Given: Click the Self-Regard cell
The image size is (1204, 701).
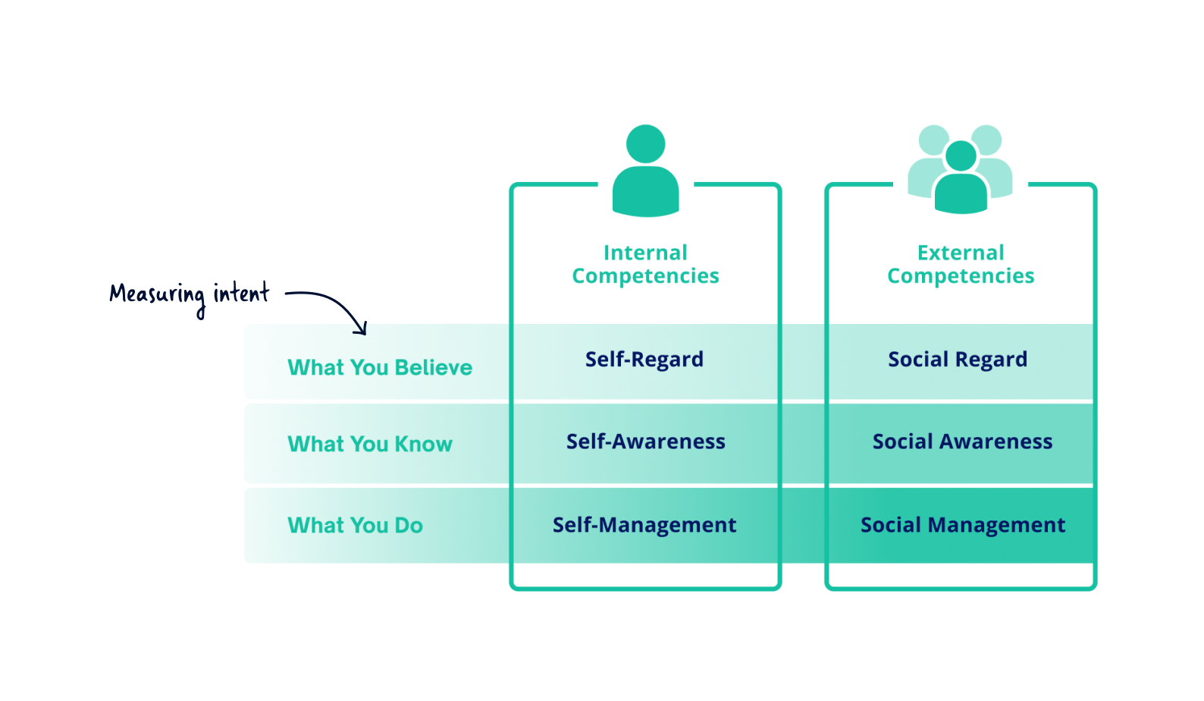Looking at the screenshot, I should point(644,360).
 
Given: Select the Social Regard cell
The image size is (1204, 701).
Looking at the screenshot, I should point(958,360).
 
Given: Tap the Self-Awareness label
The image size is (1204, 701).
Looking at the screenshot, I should point(646,442).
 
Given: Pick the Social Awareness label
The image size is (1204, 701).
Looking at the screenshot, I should point(962,442).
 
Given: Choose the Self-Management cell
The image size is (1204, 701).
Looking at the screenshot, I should point(644,525).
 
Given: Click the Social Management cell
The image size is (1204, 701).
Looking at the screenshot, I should point(963,525).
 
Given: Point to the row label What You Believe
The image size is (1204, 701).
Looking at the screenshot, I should point(380,368).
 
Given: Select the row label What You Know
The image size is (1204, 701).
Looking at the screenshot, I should point(370,444).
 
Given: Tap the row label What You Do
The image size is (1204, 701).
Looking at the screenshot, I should point(355,525).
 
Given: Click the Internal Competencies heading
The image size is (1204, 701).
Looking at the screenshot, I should point(645,264).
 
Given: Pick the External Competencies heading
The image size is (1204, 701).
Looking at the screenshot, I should point(961,264).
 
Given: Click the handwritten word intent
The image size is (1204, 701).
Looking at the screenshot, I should point(241,293).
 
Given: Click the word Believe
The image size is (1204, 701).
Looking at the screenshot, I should point(434,368).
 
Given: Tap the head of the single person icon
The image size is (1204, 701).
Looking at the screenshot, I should point(645,143).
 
